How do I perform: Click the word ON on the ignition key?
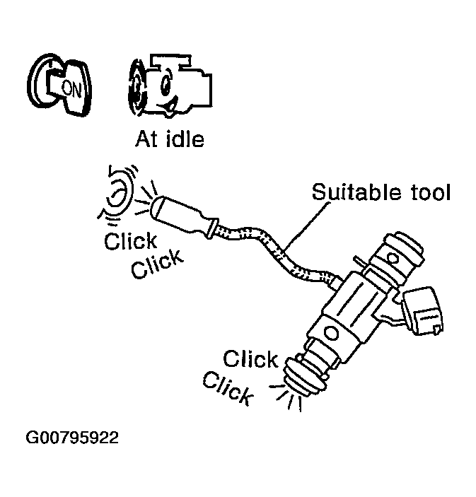(71, 88)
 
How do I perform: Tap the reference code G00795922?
(72, 438)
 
